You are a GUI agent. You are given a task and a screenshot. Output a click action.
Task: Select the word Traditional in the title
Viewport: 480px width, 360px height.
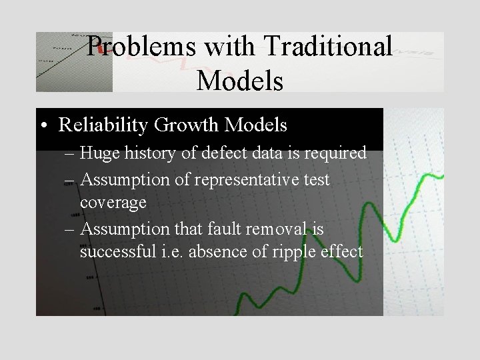pos(328,47)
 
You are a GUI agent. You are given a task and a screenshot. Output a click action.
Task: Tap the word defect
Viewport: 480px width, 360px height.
pos(223,153)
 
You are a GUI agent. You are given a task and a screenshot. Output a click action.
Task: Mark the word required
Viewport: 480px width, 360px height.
pos(333,153)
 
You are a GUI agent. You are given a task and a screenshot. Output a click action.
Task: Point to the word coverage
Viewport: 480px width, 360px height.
pos(113,203)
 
